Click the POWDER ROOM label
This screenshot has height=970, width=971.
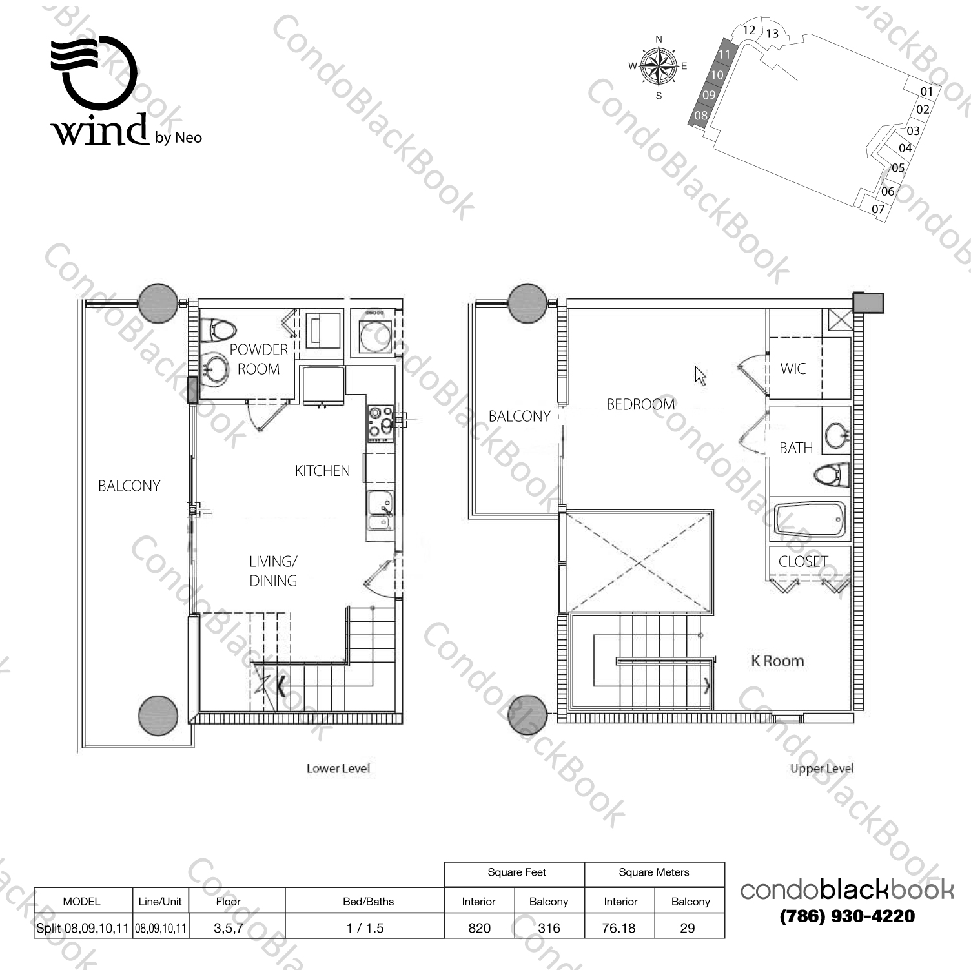point(259,359)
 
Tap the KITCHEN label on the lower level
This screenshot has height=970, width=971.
point(322,471)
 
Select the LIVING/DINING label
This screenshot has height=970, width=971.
point(273,571)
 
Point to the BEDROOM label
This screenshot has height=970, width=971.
point(640,404)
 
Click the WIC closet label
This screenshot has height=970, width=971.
point(793,369)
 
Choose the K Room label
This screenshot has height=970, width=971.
point(778,661)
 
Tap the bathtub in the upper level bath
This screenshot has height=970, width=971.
point(809,521)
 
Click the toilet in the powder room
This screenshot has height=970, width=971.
point(216,331)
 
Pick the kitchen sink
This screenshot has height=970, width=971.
point(380,510)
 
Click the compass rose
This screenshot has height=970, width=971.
point(659,67)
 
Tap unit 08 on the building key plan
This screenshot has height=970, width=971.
point(701,116)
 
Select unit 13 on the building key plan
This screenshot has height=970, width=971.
point(772,34)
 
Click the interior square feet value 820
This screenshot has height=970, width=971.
point(480,928)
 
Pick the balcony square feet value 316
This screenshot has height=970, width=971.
point(549,928)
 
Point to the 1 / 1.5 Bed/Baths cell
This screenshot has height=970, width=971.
point(365,928)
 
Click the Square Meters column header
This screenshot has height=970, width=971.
point(654,872)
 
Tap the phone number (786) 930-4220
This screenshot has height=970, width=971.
point(847,916)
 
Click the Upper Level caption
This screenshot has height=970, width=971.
point(821,769)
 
